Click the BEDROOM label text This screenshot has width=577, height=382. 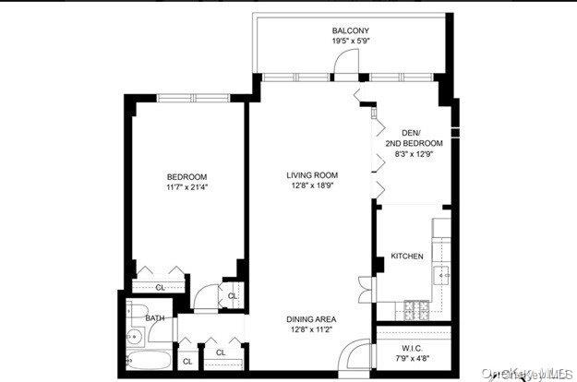tap(186, 177)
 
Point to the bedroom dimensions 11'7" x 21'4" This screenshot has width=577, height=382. tap(186, 188)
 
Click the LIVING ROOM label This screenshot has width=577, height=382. tap(311, 174)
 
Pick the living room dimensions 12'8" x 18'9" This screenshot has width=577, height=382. tap(311, 185)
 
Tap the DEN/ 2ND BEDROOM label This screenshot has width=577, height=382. tap(414, 137)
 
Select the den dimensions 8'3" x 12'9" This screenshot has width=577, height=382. tap(414, 154)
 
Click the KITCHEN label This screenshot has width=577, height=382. tap(406, 257)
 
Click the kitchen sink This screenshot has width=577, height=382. tap(442, 274)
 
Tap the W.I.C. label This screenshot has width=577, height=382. tap(413, 349)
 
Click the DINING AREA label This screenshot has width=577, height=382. tap(311, 318)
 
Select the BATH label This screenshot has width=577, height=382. tap(154, 318)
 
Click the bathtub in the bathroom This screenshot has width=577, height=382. tap(145, 361)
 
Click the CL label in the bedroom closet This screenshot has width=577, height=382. tap(159, 286)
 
